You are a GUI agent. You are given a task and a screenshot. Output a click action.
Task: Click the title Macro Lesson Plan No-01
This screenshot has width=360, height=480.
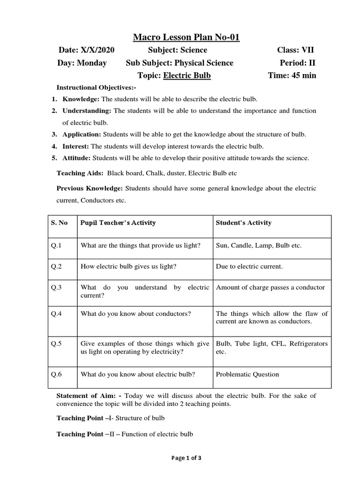(180, 37)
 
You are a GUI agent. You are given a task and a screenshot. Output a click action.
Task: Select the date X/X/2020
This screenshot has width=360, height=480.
(97, 50)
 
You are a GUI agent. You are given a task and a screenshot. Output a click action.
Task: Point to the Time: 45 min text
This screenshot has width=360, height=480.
(292, 75)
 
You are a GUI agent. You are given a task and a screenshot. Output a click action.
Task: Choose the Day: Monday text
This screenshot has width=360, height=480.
(82, 63)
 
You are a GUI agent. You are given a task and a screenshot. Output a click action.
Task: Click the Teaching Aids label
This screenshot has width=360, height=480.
(80, 173)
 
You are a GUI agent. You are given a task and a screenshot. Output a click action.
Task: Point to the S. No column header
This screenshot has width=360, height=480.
(60, 223)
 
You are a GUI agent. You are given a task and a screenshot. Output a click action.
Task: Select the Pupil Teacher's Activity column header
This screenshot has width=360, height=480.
(118, 223)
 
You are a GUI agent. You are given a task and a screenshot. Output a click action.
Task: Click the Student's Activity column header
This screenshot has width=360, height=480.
(243, 223)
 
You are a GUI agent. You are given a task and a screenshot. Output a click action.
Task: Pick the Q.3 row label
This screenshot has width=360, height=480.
(57, 287)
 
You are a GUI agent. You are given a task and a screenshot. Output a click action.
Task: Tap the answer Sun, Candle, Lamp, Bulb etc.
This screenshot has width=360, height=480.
(258, 245)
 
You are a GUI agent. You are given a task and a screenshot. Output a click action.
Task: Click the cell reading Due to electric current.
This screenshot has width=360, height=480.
(249, 266)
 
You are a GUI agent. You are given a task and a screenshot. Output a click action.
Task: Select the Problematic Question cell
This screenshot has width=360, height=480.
(247, 374)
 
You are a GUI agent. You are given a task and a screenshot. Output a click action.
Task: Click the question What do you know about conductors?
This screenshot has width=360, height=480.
(135, 314)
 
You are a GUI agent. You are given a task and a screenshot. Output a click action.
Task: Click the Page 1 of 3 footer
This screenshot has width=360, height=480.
(180, 458)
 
